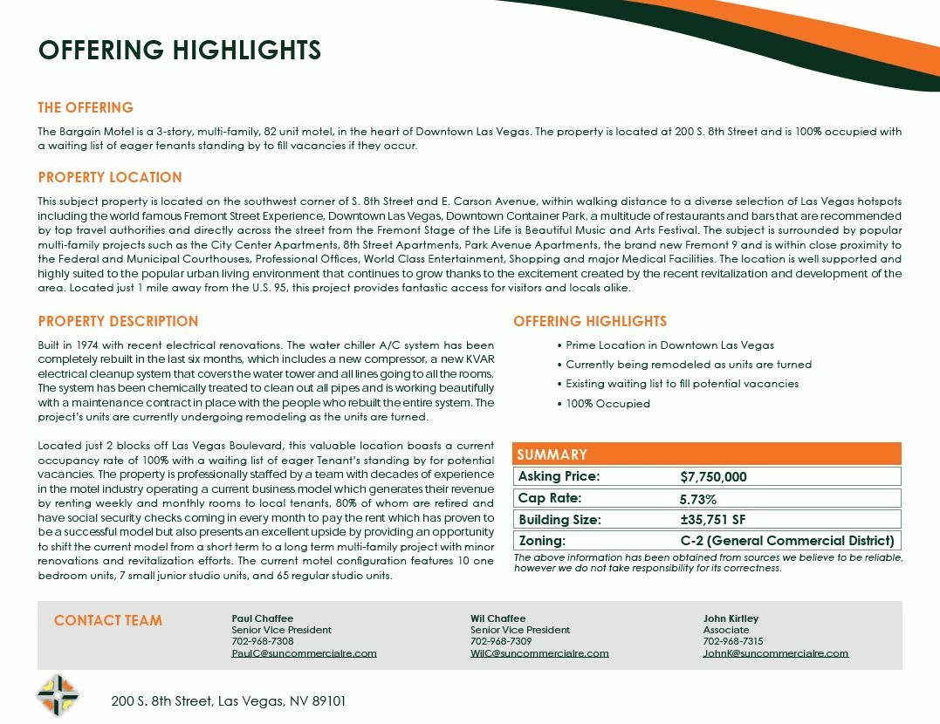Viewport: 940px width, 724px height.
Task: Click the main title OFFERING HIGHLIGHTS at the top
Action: (180, 50)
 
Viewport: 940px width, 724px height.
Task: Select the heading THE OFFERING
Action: (86, 107)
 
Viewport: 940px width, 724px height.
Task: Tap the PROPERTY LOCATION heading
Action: (110, 177)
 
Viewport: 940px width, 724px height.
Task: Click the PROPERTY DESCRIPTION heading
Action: (118, 321)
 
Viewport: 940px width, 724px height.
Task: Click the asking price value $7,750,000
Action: (713, 477)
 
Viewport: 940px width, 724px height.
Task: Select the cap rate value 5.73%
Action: (698, 499)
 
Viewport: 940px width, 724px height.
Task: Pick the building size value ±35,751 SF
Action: (713, 520)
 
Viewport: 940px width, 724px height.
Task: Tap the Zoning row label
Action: (542, 541)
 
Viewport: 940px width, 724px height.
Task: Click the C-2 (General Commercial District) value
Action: (787, 541)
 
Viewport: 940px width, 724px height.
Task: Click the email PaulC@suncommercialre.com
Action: (304, 652)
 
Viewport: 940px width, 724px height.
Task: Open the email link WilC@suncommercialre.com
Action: (539, 652)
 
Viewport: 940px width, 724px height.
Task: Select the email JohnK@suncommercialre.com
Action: (775, 652)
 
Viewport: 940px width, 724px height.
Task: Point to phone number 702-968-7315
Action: (733, 641)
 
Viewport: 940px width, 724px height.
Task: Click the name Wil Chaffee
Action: (498, 618)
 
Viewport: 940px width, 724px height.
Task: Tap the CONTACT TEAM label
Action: (108, 620)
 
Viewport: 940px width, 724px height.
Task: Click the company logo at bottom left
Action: (58, 695)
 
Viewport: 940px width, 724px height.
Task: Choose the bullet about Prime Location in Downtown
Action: (669, 345)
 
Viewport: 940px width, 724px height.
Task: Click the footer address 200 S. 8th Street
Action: (229, 700)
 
